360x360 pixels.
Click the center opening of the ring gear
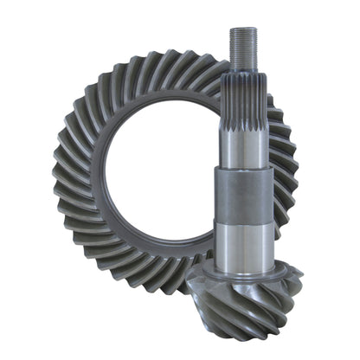160,173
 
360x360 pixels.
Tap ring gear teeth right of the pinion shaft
286,164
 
